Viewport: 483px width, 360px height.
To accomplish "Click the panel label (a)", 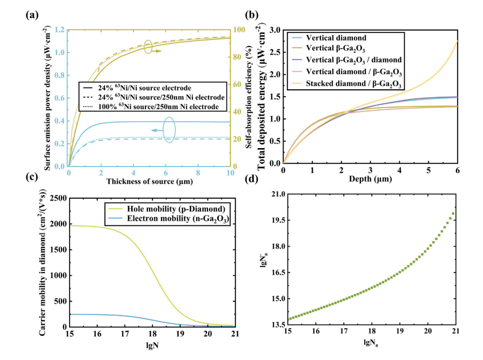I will pos(30,15).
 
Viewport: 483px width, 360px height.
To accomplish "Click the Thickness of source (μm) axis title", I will pos(149,181).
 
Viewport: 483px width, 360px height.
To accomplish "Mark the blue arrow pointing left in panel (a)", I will pos(157,130).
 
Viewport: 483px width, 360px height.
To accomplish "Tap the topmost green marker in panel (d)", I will pos(454,214).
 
